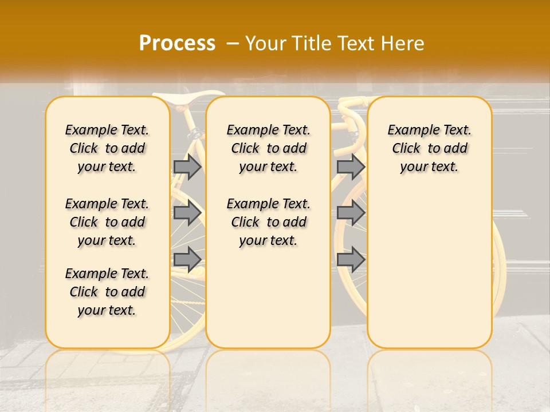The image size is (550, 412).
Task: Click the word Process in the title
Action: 177,43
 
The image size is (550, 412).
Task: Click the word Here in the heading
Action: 403,43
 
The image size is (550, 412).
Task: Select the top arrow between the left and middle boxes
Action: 187,167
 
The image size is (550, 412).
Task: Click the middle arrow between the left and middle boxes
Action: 187,213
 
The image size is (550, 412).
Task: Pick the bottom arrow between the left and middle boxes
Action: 187,259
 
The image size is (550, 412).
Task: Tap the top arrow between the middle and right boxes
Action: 351,167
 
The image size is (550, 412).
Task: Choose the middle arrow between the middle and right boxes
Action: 351,213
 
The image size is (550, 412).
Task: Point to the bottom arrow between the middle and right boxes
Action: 351,259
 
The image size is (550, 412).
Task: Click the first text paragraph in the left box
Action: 107,148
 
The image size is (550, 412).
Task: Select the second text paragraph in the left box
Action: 107,222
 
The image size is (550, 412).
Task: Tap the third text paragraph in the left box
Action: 107,292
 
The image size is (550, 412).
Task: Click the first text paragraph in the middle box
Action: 269,148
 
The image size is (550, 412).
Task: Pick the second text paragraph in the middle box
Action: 269,222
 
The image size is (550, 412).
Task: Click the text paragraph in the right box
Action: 430,148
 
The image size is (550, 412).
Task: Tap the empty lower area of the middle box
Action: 268,298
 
